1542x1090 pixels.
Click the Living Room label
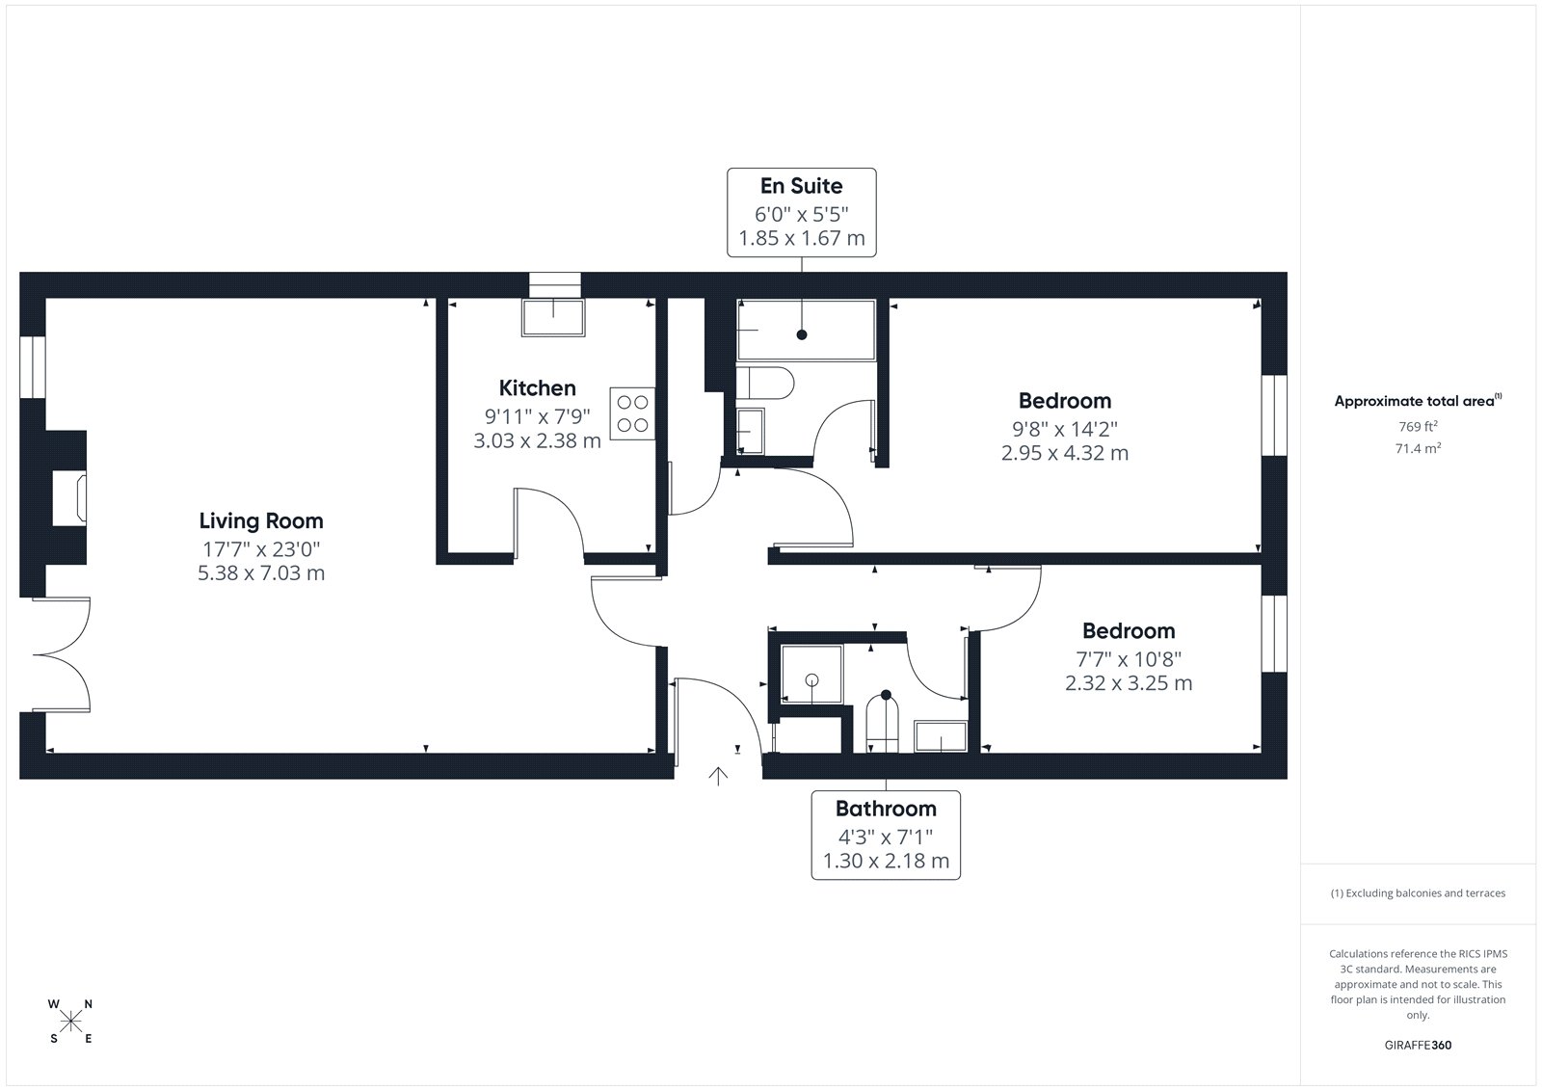[261, 520]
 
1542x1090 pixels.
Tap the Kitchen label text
[537, 387]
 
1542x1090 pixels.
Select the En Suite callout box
[801, 212]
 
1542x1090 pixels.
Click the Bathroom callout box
[886, 835]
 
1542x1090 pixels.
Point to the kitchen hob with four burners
[632, 413]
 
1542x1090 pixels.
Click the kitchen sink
[553, 317]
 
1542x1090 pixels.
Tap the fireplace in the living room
[69, 498]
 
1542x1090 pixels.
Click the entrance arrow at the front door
[718, 776]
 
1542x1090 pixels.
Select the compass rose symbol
[71, 1022]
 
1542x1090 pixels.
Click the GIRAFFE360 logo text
[1418, 1045]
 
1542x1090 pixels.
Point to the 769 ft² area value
[1418, 426]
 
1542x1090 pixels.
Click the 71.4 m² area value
[1418, 448]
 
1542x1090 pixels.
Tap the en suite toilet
[765, 383]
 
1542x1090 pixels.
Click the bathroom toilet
[883, 722]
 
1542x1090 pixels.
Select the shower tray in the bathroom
[811, 674]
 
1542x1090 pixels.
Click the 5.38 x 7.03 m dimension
[261, 572]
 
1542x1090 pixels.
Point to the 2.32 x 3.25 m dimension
[1129, 683]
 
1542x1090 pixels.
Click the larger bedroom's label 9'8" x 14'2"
[1064, 429]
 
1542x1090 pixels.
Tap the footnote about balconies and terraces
[1418, 893]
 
